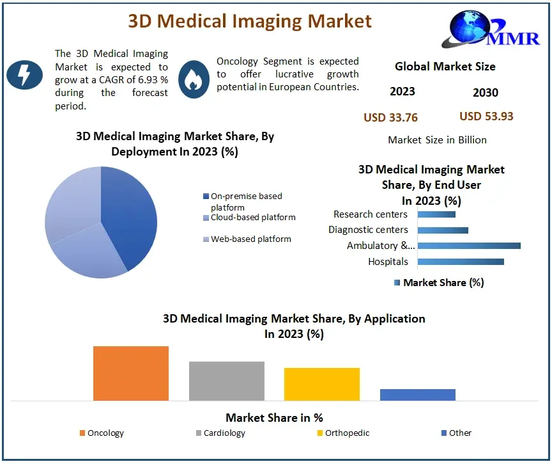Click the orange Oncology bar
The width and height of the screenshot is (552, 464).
click(x=131, y=373)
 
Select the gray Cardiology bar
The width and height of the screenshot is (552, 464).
click(x=226, y=381)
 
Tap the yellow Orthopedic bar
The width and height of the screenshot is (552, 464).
click(x=322, y=384)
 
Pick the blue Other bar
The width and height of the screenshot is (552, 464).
click(x=417, y=394)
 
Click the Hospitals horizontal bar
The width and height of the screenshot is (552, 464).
click(x=461, y=261)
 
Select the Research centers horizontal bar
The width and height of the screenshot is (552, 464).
click(x=436, y=214)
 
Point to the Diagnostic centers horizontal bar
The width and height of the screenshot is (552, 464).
click(x=443, y=230)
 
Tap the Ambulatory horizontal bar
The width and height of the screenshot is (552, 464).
click(x=469, y=245)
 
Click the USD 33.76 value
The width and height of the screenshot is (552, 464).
click(x=390, y=117)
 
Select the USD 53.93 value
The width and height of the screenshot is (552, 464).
click(x=486, y=116)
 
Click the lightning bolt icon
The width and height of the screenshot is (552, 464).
click(x=24, y=75)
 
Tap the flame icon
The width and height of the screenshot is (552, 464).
click(x=194, y=79)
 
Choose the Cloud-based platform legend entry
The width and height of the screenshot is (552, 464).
click(x=249, y=218)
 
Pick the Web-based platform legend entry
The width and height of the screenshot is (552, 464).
click(x=246, y=239)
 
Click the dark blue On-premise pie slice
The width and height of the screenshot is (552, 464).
click(x=131, y=211)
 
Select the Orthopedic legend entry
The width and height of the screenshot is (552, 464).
click(x=343, y=433)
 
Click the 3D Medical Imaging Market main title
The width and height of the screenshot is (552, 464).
click(x=250, y=20)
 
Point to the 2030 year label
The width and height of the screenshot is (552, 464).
click(x=486, y=93)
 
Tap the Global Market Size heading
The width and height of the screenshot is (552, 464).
click(x=445, y=66)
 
